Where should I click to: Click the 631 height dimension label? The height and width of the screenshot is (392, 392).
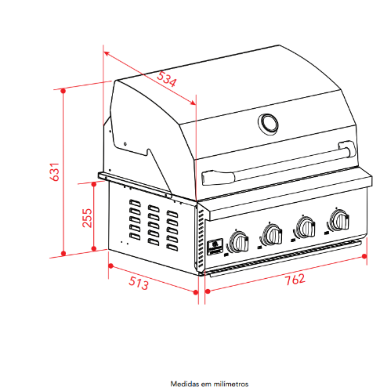tap(55, 172)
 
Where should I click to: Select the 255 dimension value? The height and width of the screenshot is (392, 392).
tap(87, 218)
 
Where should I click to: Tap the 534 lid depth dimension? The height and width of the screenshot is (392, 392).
tap(167, 79)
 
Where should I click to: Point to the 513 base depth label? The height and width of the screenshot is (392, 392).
tap(138, 283)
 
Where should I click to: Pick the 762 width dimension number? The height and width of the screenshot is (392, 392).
tap(295, 279)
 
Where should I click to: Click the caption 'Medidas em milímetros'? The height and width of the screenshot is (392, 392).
tap(209, 384)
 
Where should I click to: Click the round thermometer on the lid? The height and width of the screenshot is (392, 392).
tap(268, 124)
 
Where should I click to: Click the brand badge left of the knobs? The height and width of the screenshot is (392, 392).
tap(215, 247)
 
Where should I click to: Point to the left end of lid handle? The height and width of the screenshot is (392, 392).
tap(218, 177)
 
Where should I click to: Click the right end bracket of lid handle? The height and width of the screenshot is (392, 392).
tap(347, 149)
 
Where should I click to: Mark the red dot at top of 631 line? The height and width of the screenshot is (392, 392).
tap(63, 91)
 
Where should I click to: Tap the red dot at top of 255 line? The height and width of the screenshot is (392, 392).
tap(94, 185)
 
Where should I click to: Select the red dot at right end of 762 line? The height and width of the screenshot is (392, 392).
tap(365, 256)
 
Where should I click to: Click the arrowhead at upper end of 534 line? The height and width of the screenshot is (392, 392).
tap(106, 53)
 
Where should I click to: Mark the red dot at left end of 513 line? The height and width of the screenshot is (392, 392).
tap(111, 266)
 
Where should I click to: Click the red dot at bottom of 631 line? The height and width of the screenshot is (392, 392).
tap(64, 254)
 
